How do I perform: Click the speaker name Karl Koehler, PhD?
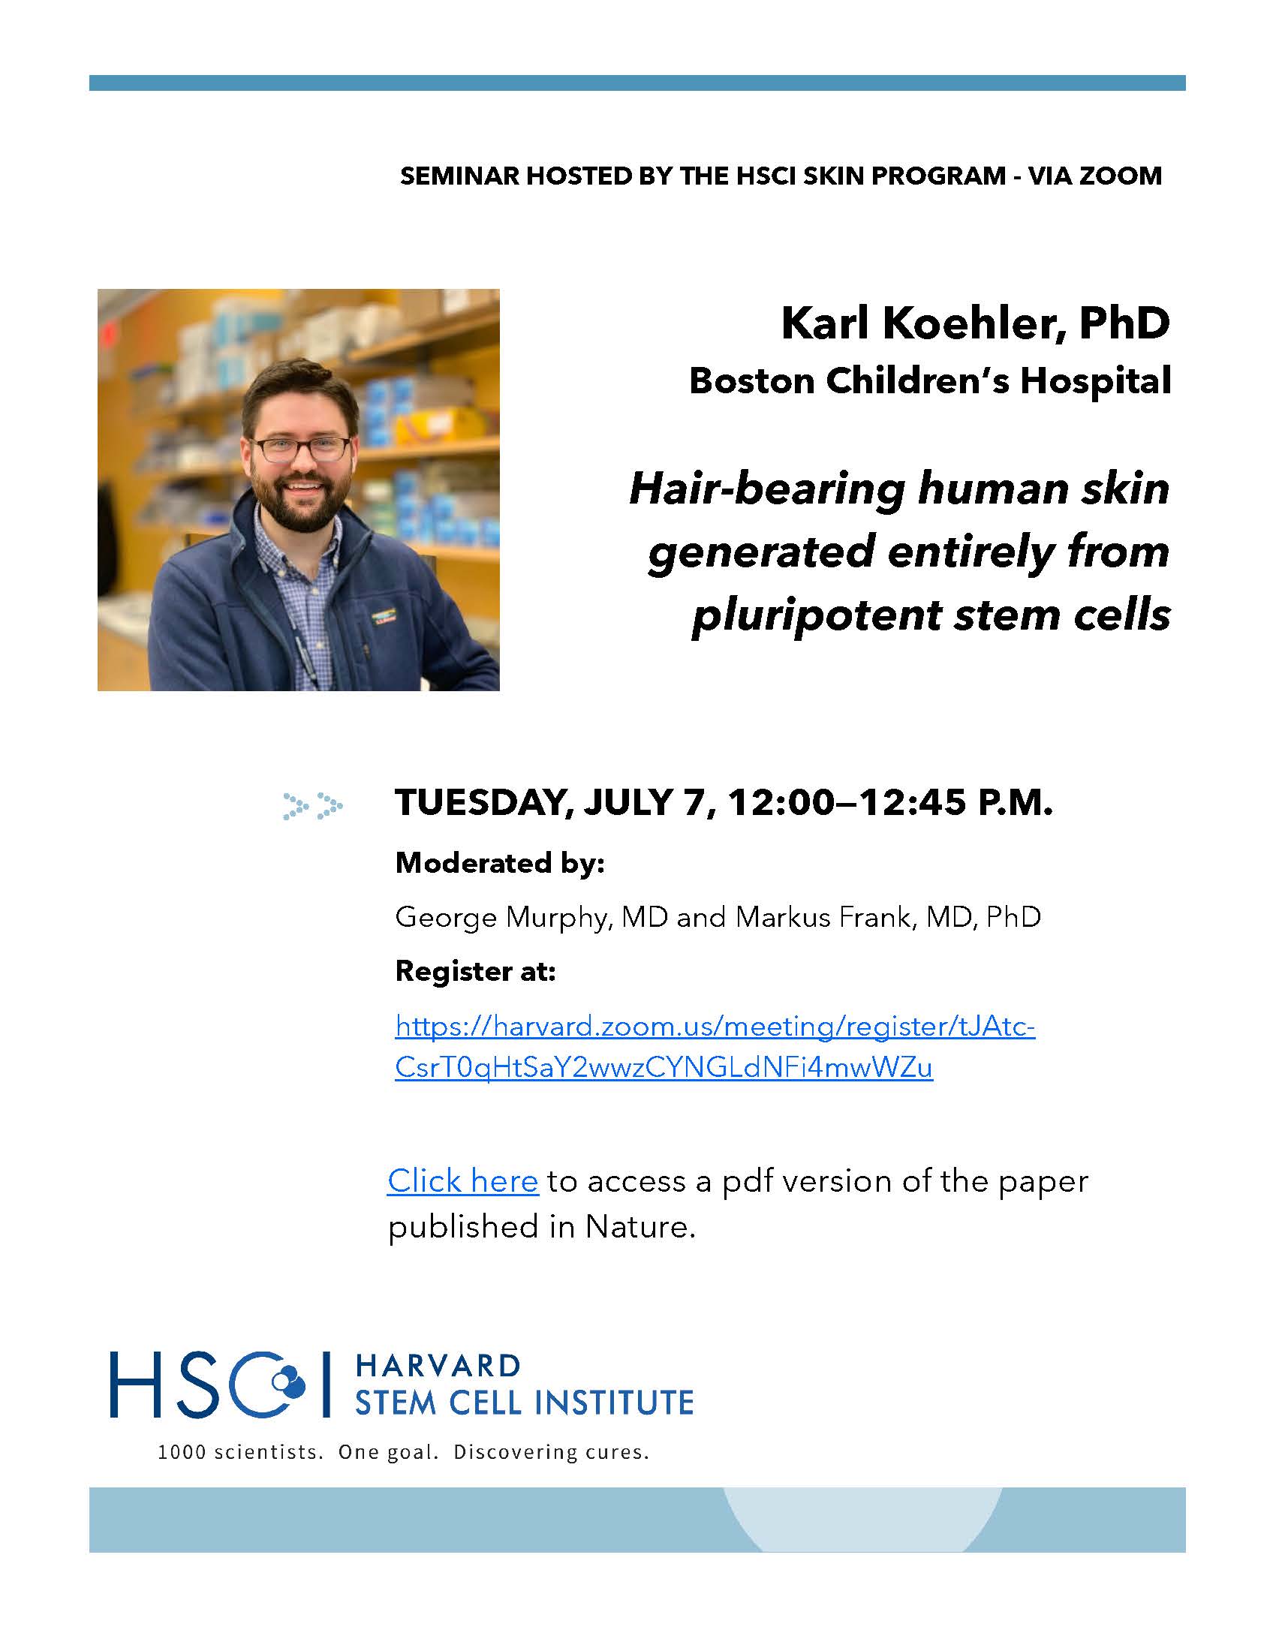coord(975,323)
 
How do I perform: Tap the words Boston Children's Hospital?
coord(930,380)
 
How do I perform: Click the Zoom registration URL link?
coord(715,1047)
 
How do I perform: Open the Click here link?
coord(462,1180)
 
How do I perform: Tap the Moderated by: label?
coord(500,862)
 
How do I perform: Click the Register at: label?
coord(475,970)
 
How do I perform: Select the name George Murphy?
coord(502,918)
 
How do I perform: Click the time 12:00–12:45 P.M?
coord(889,802)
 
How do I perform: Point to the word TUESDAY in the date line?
coord(483,803)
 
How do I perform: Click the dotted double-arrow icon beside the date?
coord(313,806)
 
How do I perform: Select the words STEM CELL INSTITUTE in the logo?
coord(524,1403)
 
